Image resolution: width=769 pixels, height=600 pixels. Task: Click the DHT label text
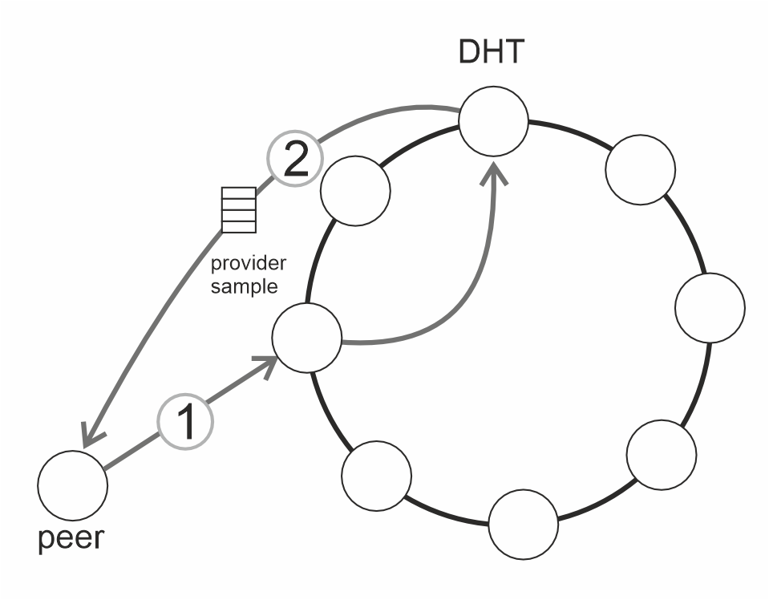click(x=492, y=53)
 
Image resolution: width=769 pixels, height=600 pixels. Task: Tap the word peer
click(x=71, y=537)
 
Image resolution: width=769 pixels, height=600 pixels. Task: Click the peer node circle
click(x=72, y=484)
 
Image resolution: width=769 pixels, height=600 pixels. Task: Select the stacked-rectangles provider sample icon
click(x=238, y=209)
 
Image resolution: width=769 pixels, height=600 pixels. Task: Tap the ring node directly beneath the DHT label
click(x=493, y=121)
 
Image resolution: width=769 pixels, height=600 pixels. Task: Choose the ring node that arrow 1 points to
click(x=307, y=338)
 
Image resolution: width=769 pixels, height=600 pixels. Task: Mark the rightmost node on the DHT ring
click(x=710, y=308)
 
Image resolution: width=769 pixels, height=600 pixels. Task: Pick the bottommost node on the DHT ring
click(x=523, y=525)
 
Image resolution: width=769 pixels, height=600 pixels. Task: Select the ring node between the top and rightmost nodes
click(x=640, y=171)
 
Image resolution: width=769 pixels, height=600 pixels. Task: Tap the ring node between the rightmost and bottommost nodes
click(x=660, y=453)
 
